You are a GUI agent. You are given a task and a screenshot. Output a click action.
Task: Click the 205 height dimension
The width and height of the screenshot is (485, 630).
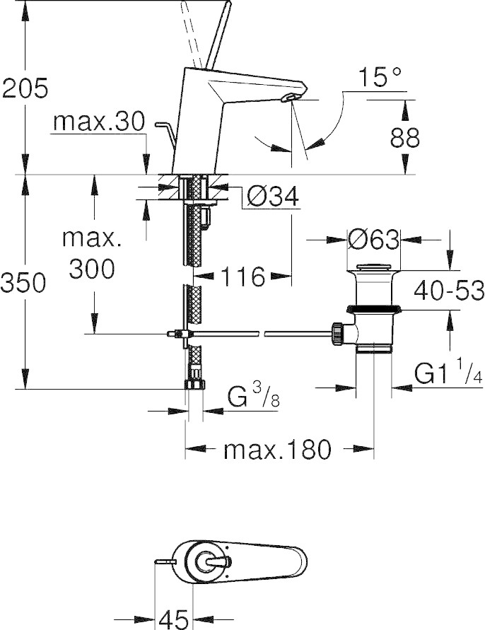coord(25,88)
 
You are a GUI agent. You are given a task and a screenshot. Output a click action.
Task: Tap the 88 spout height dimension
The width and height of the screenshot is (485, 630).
coord(404,137)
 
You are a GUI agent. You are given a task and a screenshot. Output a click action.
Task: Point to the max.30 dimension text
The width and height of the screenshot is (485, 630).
coord(98,123)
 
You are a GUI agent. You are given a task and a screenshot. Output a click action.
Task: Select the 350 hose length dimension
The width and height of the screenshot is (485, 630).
coord(25,282)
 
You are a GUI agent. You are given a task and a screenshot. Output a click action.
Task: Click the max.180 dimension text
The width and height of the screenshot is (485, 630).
coord(277,449)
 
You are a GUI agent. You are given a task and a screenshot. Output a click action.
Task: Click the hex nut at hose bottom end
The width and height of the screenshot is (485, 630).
coord(194,385)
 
